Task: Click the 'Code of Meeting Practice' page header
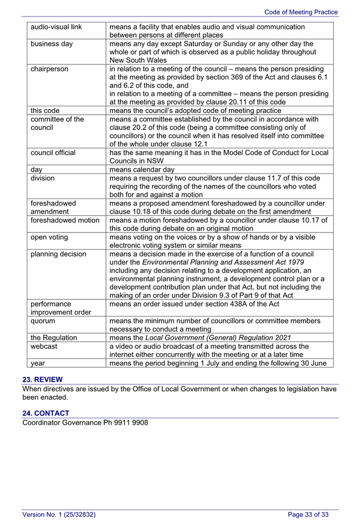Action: (x=301, y=12)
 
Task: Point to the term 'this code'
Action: (x=45, y=110)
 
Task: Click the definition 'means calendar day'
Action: (x=142, y=169)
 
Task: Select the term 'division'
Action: (x=43, y=178)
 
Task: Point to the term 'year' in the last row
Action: (x=38, y=363)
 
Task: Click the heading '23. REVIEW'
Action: (x=42, y=379)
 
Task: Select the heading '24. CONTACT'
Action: (x=46, y=412)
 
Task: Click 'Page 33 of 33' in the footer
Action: (x=308, y=514)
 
